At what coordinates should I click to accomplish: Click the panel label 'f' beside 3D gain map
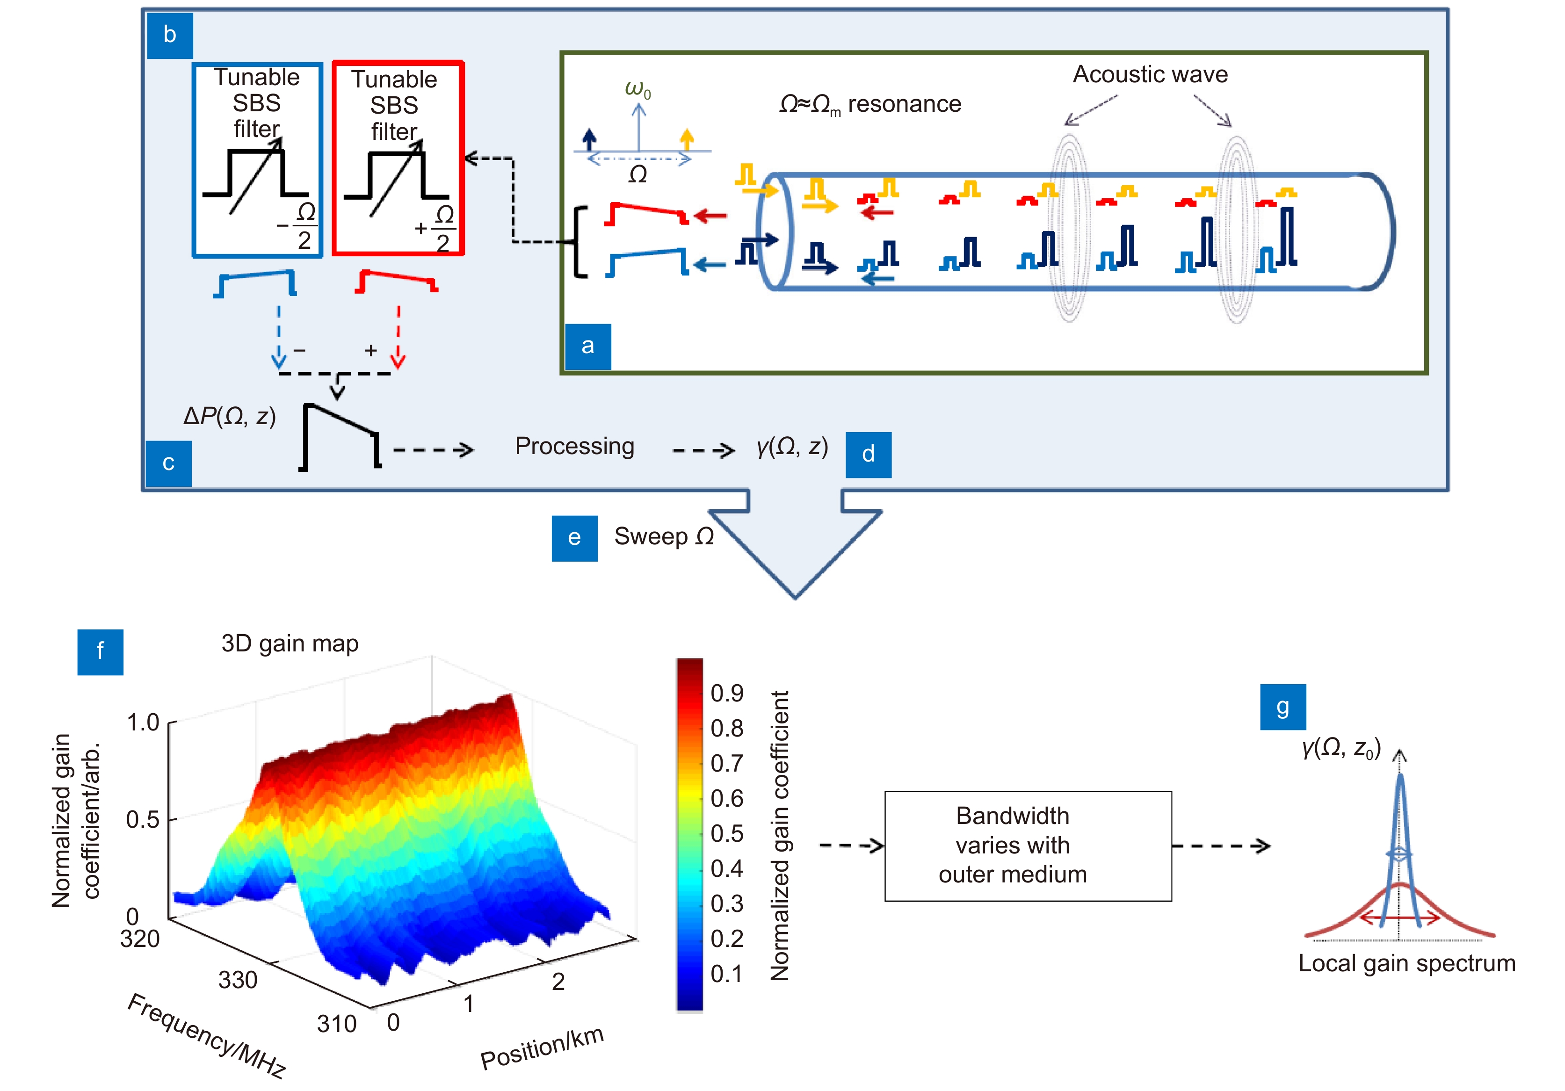pyautogui.click(x=100, y=651)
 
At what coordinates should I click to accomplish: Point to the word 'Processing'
pyautogui.click(x=575, y=446)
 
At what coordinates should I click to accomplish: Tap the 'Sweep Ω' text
pyautogui.click(x=664, y=536)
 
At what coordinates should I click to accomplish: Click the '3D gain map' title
pyautogui.click(x=290, y=644)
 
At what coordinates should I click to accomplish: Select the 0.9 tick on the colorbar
pyautogui.click(x=727, y=693)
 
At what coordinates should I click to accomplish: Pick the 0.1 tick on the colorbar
pyautogui.click(x=727, y=974)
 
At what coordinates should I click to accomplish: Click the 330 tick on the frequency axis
pyautogui.click(x=238, y=980)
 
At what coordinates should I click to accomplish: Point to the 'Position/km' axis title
pyautogui.click(x=542, y=1048)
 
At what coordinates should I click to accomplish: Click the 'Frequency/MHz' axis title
pyautogui.click(x=207, y=1035)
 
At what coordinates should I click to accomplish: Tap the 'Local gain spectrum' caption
pyautogui.click(x=1407, y=964)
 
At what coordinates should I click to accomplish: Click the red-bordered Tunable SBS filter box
pyautogui.click(x=398, y=158)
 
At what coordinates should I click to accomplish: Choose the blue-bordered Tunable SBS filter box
pyautogui.click(x=257, y=160)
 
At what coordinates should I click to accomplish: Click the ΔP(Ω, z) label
pyautogui.click(x=230, y=416)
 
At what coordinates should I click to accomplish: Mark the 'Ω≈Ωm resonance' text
pyautogui.click(x=870, y=104)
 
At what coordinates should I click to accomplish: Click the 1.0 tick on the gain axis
pyautogui.click(x=143, y=723)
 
